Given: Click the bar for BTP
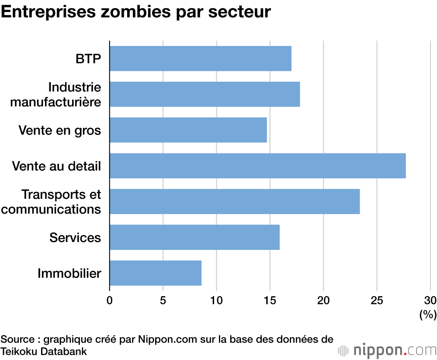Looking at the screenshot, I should [200, 59].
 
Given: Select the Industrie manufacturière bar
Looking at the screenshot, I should [205, 94].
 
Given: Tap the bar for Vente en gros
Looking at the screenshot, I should [188, 130].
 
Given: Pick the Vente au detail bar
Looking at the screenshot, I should [257, 166].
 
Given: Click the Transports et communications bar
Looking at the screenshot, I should [235, 201].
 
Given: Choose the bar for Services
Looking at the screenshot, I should [194, 237].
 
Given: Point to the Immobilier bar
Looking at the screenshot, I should [155, 273].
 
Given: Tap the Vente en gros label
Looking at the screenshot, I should [60, 130].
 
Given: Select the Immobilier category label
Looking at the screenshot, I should [69, 273].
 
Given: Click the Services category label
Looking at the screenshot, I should [75, 238].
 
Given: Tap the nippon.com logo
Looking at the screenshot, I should [387, 350].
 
